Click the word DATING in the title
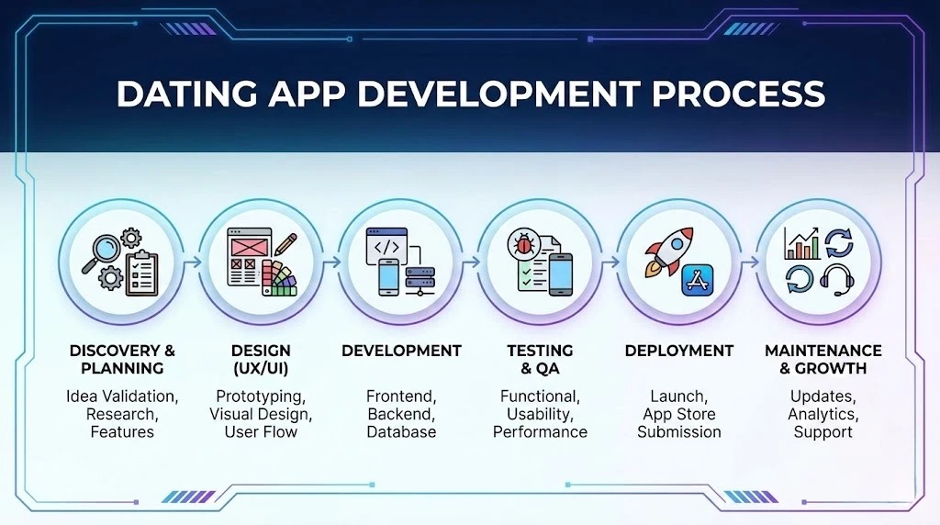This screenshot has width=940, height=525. pyautogui.click(x=186, y=94)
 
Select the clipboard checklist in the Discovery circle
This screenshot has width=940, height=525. pyautogui.click(x=142, y=274)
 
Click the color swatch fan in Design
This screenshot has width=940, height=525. pyautogui.click(x=277, y=278)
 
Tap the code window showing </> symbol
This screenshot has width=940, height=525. pyautogui.click(x=386, y=246)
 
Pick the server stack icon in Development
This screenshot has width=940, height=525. pyautogui.click(x=420, y=280)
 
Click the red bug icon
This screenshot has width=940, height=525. pyautogui.click(x=524, y=244)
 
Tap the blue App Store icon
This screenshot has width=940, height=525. pyautogui.click(x=698, y=280)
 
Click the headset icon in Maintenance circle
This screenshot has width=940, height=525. pyautogui.click(x=837, y=280)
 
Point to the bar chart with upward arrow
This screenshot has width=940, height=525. pyautogui.click(x=801, y=243)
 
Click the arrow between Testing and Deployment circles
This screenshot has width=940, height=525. pyautogui.click(x=610, y=262)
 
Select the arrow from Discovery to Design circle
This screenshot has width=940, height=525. pyautogui.click(x=192, y=262)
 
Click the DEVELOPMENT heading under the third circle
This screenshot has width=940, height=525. pyautogui.click(x=401, y=351)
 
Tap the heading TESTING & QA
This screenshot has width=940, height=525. pyautogui.click(x=540, y=359)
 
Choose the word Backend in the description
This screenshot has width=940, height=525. pyautogui.click(x=401, y=414)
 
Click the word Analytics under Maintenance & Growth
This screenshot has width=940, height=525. pyautogui.click(x=823, y=414)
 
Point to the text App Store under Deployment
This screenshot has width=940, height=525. pyautogui.click(x=679, y=414)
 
